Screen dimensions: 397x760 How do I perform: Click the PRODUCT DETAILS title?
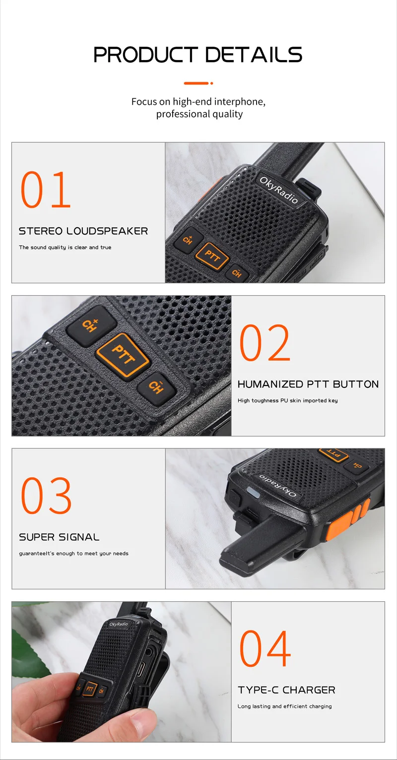[x=198, y=55]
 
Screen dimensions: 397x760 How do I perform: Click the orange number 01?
[x=46, y=190]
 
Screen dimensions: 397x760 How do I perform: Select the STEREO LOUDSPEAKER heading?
[x=83, y=231]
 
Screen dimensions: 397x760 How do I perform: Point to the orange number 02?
[x=265, y=342]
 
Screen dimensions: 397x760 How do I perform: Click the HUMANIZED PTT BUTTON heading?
[x=308, y=384]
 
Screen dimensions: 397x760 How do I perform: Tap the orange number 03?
[x=46, y=496]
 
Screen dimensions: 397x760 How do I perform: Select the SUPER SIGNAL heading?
[x=59, y=537]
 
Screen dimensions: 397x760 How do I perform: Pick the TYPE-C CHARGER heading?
[x=286, y=690]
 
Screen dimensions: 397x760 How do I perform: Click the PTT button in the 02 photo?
[x=123, y=355]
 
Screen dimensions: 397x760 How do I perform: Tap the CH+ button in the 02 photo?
[x=91, y=325]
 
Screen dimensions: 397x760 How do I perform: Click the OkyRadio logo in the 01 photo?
[x=279, y=190]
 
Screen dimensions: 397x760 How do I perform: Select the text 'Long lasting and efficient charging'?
[x=285, y=706]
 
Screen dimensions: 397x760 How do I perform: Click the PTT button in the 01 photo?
[x=212, y=256]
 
